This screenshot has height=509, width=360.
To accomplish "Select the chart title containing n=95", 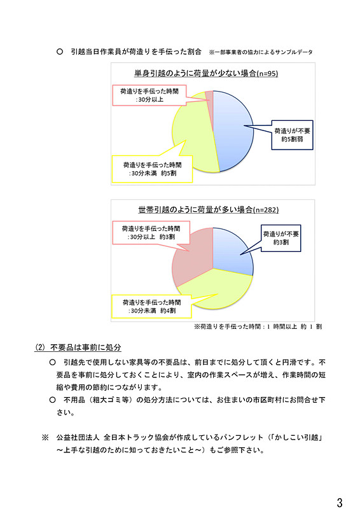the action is [205, 74].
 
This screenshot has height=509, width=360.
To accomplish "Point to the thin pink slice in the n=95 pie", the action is [207, 102].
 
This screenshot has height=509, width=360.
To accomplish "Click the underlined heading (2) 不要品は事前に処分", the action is [78, 347].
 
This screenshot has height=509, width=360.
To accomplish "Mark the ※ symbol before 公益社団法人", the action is [45, 438].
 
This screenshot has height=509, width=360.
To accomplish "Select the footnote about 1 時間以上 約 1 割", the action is [258, 326].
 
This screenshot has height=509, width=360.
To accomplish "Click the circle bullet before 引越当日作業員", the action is [60, 50].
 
